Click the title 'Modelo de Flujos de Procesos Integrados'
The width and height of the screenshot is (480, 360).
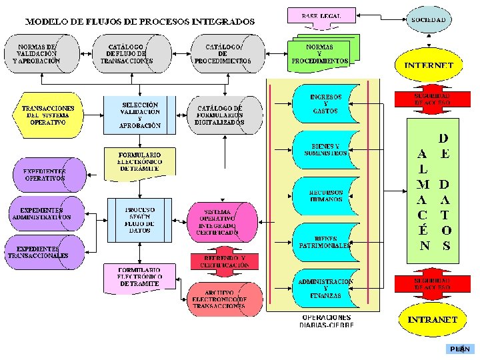[x=140, y=21]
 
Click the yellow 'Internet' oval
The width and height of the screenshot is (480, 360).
[x=429, y=65]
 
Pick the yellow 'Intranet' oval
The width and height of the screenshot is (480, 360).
[x=432, y=319]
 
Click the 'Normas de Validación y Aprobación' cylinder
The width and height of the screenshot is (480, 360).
[x=41, y=53]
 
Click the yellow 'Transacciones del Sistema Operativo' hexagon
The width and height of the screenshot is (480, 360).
[x=45, y=115]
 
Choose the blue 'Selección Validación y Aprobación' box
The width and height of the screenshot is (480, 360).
[x=140, y=115]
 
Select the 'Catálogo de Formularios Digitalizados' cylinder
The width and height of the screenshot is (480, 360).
[x=221, y=115]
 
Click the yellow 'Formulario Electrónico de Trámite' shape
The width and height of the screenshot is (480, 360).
[x=140, y=163]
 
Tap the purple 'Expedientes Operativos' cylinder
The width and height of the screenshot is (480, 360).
[x=47, y=175]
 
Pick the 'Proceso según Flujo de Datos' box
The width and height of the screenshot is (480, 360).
[x=140, y=219]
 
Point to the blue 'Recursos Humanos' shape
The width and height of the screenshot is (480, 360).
[x=327, y=195]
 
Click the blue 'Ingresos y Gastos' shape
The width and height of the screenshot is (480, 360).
[x=327, y=103]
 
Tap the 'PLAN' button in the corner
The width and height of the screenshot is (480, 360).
[x=460, y=349]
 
